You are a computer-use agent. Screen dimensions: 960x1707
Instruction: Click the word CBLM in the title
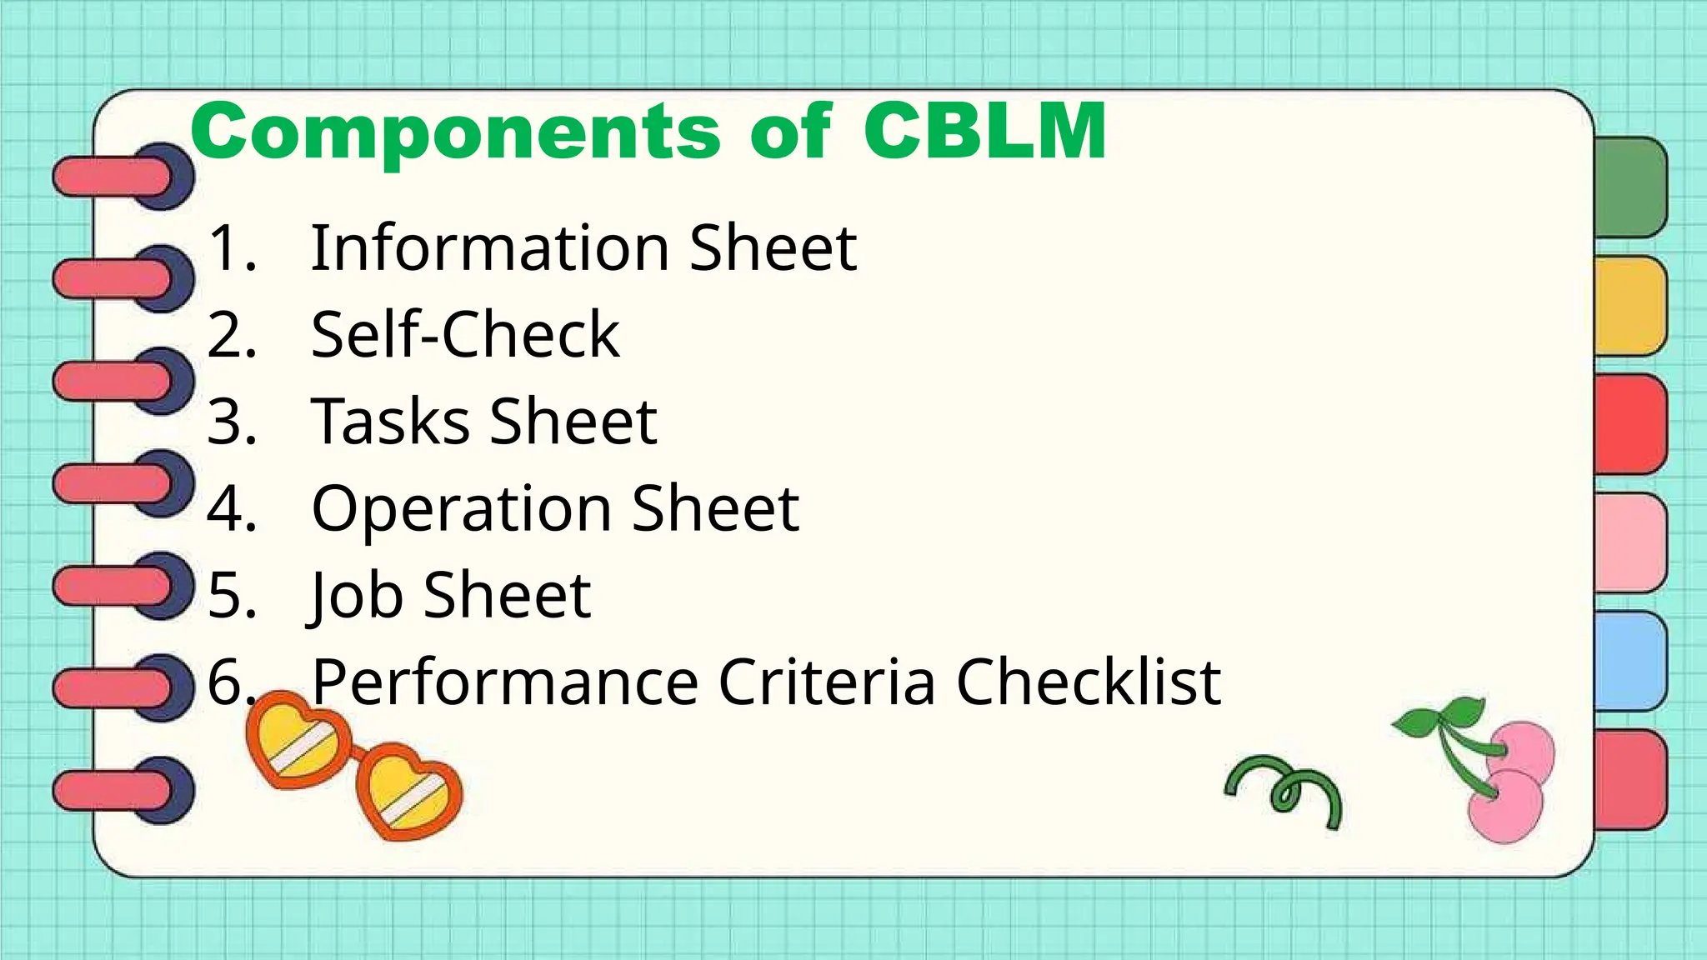985,131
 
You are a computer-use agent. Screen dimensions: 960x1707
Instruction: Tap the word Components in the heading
455,132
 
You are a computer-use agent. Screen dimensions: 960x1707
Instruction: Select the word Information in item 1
489,248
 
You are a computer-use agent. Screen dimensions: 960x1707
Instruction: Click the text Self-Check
465,335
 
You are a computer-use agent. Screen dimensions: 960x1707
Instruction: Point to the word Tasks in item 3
390,422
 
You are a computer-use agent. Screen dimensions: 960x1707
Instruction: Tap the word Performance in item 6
504,682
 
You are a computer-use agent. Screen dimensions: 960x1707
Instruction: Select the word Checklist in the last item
1088,682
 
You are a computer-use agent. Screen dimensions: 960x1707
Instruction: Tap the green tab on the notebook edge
1630,187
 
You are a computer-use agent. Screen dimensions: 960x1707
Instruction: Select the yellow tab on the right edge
1630,306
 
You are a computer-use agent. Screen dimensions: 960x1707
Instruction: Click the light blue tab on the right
1630,661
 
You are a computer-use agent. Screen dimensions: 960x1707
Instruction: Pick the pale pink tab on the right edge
1630,542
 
